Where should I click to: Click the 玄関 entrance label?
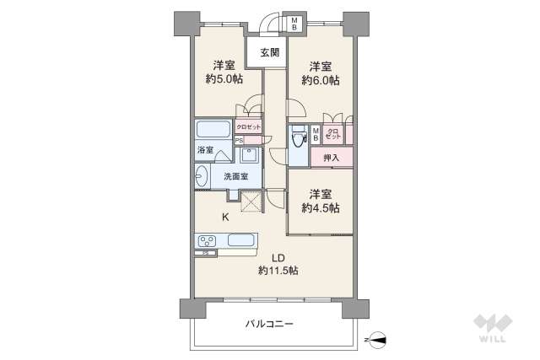[269, 53]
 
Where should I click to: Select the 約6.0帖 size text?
[321, 80]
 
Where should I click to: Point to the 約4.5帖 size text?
[321, 207]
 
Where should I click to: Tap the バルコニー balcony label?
[270, 324]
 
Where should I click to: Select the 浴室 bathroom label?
[204, 150]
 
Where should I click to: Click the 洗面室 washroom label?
[235, 177]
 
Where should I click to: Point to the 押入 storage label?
[331, 157]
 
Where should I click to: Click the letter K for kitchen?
[225, 218]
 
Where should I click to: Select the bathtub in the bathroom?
[213, 131]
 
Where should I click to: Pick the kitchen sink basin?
[242, 239]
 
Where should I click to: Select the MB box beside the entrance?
[295, 23]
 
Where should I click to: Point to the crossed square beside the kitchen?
[251, 201]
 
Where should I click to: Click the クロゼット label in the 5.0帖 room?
[248, 126]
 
